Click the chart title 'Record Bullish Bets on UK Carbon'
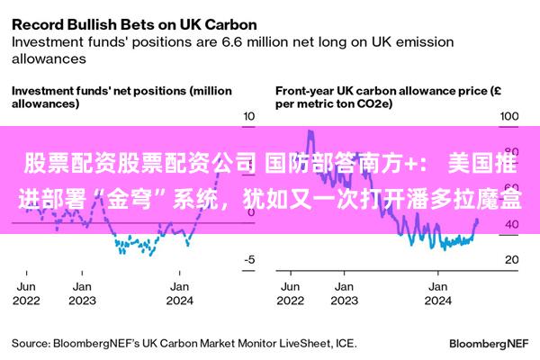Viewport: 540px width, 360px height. pyautogui.click(x=134, y=25)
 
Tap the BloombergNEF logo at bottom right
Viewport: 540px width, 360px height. pyautogui.click(x=489, y=344)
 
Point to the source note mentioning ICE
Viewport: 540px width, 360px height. pyautogui.click(x=184, y=344)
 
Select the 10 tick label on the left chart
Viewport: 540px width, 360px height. pyautogui.click(x=249, y=116)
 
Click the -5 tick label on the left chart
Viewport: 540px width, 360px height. pyautogui.click(x=249, y=259)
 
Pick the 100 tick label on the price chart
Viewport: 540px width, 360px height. pyautogui.click(x=509, y=116)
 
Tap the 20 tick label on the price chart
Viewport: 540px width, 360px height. pyautogui.click(x=512, y=259)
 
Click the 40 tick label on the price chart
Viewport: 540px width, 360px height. pyautogui.click(x=512, y=225)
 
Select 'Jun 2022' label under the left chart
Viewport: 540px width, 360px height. pyautogui.click(x=26, y=293)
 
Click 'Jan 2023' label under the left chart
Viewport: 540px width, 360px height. pyautogui.click(x=82, y=293)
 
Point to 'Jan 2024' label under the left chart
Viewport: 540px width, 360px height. pyautogui.click(x=179, y=293)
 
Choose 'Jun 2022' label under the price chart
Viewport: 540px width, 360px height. pyautogui.click(x=291, y=293)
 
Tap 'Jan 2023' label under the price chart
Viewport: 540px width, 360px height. pyautogui.click(x=345, y=293)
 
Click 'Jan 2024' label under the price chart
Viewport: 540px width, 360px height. pyautogui.click(x=437, y=293)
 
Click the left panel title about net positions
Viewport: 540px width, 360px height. pyautogui.click(x=121, y=97)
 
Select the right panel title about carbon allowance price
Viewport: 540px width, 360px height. pyautogui.click(x=388, y=97)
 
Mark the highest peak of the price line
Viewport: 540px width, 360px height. pyautogui.click(x=310, y=130)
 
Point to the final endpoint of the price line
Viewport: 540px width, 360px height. pyautogui.click(x=477, y=220)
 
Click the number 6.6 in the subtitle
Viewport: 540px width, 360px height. pyautogui.click(x=232, y=42)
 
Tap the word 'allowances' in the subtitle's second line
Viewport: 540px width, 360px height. pyautogui.click(x=49, y=58)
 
